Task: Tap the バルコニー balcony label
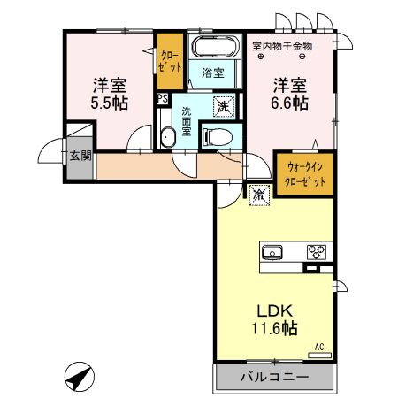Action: (x=274, y=377)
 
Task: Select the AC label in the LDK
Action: (x=320, y=348)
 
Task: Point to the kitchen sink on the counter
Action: (x=273, y=252)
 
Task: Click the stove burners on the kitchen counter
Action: (x=316, y=252)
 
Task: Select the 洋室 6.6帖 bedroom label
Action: (x=289, y=95)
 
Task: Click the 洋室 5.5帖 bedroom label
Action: (x=110, y=95)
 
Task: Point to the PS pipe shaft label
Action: (x=162, y=99)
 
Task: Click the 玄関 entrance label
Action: (x=80, y=156)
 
